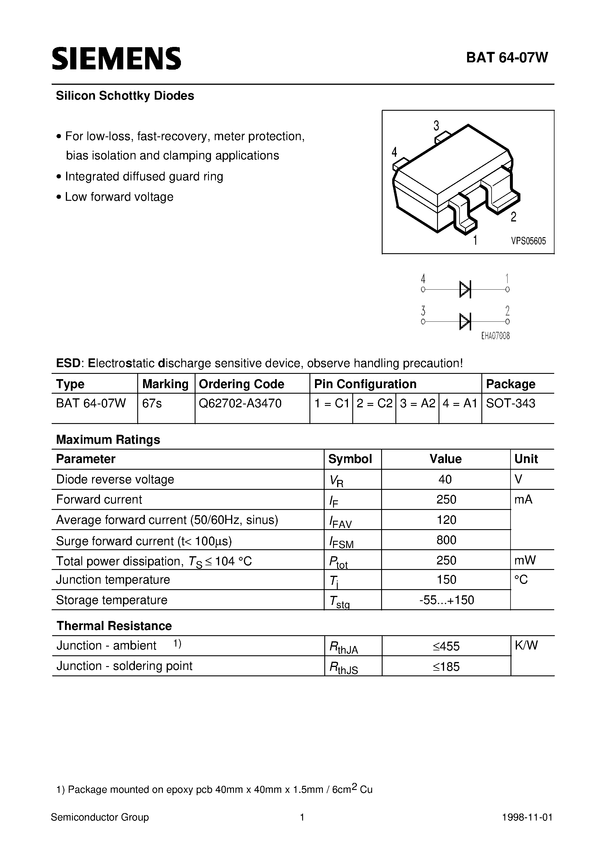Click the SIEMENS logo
(116, 59)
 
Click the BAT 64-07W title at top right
(507, 58)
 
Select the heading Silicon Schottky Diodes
(125, 96)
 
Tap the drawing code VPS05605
(529, 241)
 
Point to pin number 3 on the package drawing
(436, 126)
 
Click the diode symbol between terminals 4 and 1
(465, 289)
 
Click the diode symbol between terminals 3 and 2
(465, 321)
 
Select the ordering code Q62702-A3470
(240, 403)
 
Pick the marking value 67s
(152, 403)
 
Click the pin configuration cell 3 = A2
(417, 403)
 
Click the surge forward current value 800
(446, 540)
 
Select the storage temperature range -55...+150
(446, 600)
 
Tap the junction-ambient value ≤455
(446, 646)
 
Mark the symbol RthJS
(343, 668)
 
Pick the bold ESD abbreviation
(68, 363)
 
